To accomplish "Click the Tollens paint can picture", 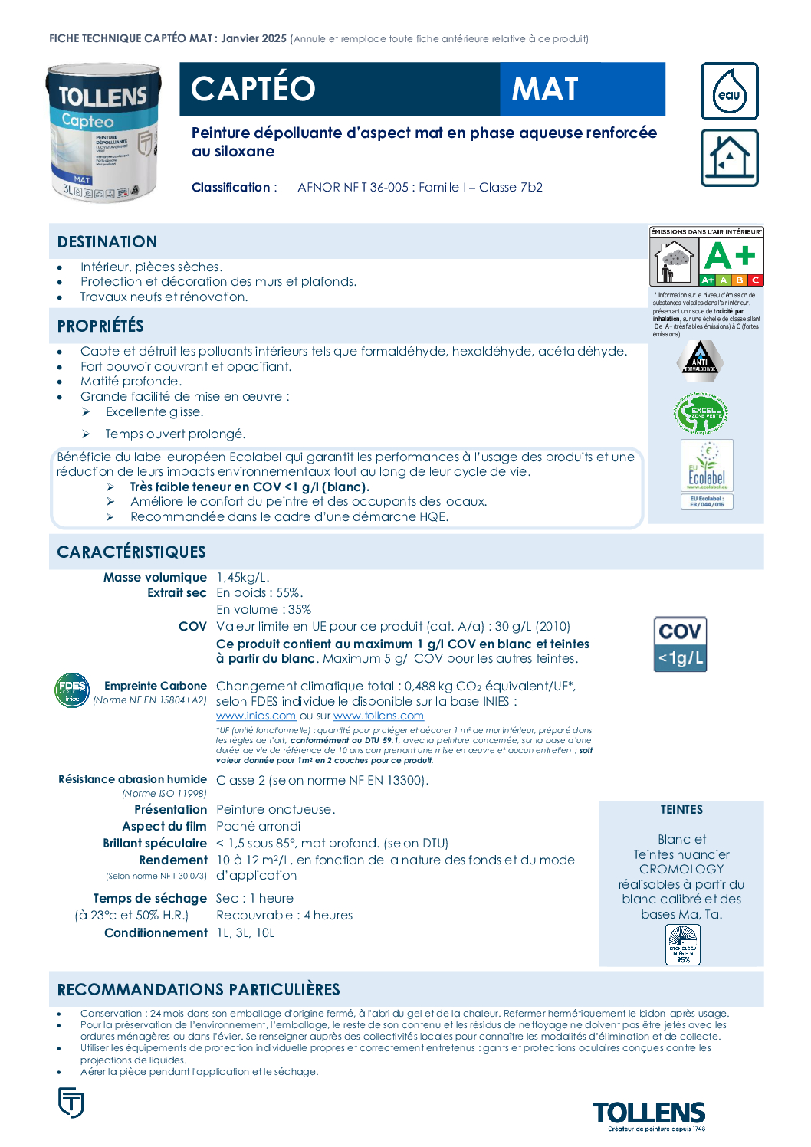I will tap(103, 133).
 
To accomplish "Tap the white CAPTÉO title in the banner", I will tap(253, 89).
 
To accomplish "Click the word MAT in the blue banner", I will tap(545, 90).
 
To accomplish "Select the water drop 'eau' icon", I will tap(729, 91).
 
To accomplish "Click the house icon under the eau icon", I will tap(729, 158).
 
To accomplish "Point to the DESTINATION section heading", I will tap(107, 242).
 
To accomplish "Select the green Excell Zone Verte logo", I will tap(701, 413).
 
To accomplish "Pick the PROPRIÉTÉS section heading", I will tap(100, 326).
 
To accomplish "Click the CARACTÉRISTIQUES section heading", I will tap(131, 552).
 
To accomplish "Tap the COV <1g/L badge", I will tap(680, 644).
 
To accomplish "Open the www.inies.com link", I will tap(256, 716).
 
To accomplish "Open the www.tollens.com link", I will tap(379, 716).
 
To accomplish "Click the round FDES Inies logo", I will tap(72, 690).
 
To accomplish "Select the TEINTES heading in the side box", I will tap(681, 810).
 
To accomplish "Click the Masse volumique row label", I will tap(155, 578).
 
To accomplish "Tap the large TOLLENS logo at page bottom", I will tap(648, 1113).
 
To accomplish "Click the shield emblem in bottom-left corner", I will tap(71, 1103).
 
